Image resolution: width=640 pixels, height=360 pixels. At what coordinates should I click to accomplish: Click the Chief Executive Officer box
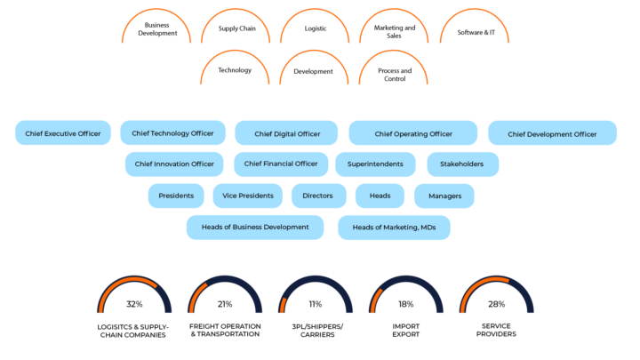(63, 133)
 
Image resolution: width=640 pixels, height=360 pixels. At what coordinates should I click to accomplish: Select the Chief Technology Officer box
(172, 133)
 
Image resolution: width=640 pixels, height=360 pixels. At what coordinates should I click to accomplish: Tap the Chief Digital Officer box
(287, 133)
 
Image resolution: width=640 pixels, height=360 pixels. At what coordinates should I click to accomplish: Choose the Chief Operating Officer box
(413, 133)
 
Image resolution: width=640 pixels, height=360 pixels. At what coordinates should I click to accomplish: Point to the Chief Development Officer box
(552, 133)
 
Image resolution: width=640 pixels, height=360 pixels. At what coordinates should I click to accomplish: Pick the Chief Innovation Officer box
(174, 164)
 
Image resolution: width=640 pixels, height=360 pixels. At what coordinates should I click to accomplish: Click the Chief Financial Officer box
(281, 164)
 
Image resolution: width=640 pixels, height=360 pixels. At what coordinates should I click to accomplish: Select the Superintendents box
(375, 164)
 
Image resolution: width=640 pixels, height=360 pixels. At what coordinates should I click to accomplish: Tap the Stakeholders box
(462, 164)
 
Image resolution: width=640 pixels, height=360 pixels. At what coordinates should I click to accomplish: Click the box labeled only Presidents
(176, 196)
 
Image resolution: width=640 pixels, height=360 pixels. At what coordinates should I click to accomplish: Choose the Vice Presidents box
(249, 196)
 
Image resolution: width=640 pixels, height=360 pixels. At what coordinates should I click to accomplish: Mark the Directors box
(318, 196)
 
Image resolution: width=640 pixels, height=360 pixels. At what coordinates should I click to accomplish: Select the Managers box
(444, 196)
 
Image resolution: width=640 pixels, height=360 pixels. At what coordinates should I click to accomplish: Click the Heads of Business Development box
(255, 228)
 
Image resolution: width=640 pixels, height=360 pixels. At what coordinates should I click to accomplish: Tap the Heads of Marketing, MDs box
(394, 228)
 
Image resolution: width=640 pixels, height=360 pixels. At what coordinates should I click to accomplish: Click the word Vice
(230, 196)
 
